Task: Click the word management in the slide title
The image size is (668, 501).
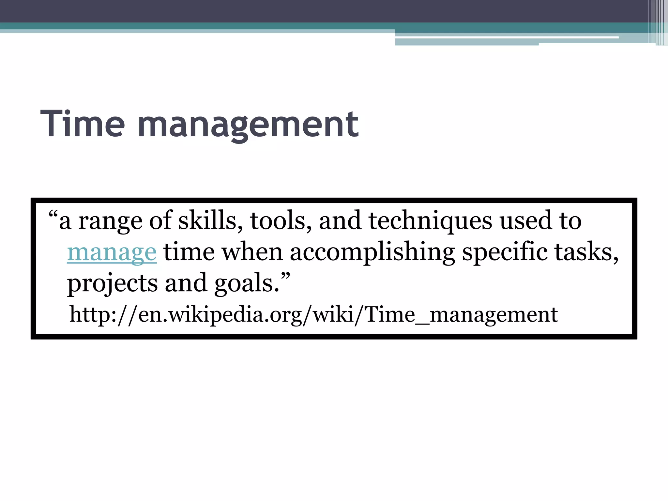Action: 248,126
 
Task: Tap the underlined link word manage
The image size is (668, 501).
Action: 112,252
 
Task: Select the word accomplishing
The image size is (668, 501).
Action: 372,253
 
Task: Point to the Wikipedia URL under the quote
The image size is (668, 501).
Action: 313,315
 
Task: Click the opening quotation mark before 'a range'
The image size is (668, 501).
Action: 53,216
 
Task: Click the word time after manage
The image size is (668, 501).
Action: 189,252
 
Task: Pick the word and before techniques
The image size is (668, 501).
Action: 340,221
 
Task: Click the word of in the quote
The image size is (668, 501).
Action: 160,221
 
